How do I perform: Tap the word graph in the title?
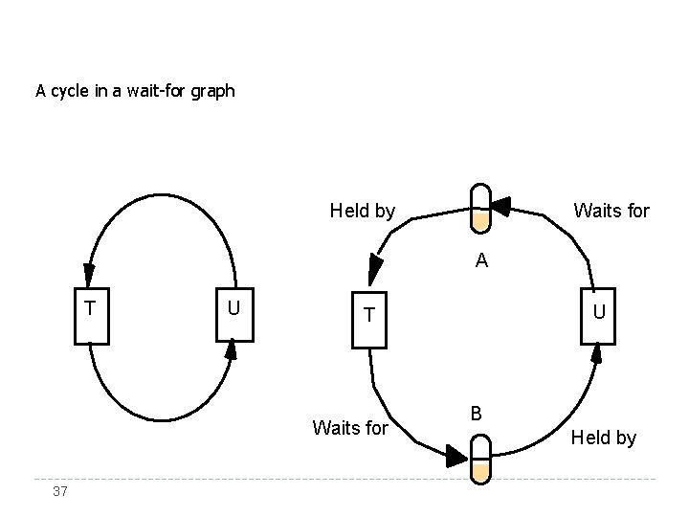(x=211, y=93)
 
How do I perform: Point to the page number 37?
(x=60, y=491)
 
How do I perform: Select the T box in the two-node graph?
(x=91, y=313)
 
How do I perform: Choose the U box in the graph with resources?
(x=597, y=314)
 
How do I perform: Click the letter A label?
(x=482, y=260)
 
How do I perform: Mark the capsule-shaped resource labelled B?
(x=480, y=458)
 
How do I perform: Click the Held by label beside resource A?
(x=362, y=211)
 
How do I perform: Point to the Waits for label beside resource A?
(x=611, y=210)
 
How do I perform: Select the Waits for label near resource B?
(x=350, y=428)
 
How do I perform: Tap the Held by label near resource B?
(x=603, y=438)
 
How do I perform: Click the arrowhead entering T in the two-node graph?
(x=89, y=273)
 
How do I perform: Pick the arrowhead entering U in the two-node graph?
(x=231, y=351)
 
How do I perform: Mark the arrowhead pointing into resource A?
(x=500, y=203)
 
